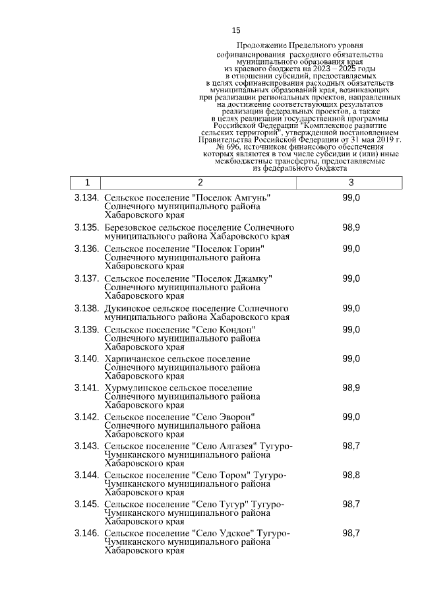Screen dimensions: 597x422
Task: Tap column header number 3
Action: pos(351,183)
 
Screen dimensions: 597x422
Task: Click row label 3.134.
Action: pos(86,199)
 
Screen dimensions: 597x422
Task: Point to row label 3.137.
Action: pos(86,278)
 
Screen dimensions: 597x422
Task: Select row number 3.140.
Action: pos(86,358)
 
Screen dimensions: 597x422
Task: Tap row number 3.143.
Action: pos(86,446)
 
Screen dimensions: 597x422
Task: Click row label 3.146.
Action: pos(86,533)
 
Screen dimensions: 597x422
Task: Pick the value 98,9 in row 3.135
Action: pos(351,228)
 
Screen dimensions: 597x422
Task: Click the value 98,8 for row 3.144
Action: pos(351,475)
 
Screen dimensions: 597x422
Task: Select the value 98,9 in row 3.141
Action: pos(351,388)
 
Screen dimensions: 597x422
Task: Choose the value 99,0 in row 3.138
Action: pos(351,308)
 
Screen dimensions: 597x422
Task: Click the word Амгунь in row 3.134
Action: pos(253,199)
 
